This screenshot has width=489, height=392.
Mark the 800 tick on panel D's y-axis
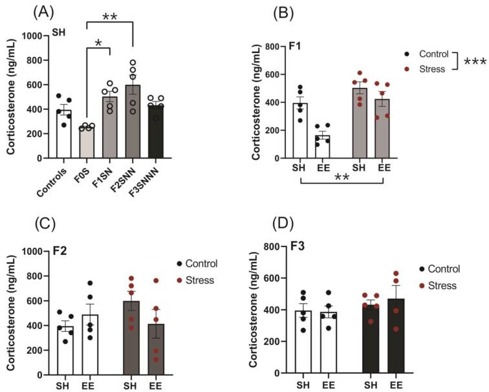click(267, 247)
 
